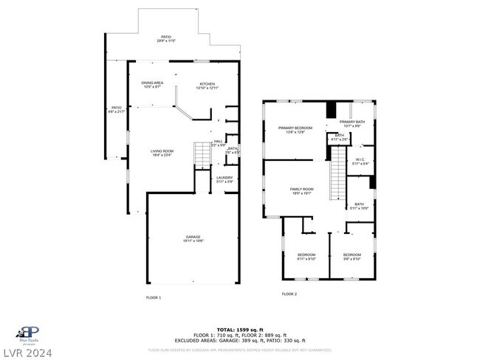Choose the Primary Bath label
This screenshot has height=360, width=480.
click(x=352, y=123)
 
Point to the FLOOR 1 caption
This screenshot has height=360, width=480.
click(x=153, y=297)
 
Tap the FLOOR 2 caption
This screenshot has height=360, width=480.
click(x=289, y=294)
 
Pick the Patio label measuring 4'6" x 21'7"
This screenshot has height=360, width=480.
click(x=116, y=109)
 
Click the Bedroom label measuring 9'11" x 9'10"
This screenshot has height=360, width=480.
click(x=306, y=257)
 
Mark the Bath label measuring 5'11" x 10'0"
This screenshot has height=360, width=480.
click(x=359, y=206)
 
